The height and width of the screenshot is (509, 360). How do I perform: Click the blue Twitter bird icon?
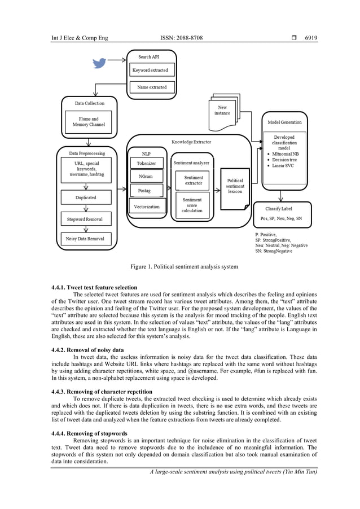[99, 63]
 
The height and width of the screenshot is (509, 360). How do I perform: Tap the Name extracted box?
[152, 87]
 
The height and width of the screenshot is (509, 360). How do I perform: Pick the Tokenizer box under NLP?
[146, 164]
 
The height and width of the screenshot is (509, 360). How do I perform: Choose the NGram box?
[146, 177]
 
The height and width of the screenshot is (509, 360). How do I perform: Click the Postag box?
[144, 191]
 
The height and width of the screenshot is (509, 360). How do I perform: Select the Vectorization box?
[147, 207]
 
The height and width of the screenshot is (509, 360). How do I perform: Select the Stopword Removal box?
[86, 219]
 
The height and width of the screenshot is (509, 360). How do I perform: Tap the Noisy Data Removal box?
[86, 239]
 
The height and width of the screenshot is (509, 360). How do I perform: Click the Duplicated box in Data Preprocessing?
[86, 198]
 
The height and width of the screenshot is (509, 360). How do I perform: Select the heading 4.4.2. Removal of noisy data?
[87, 350]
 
